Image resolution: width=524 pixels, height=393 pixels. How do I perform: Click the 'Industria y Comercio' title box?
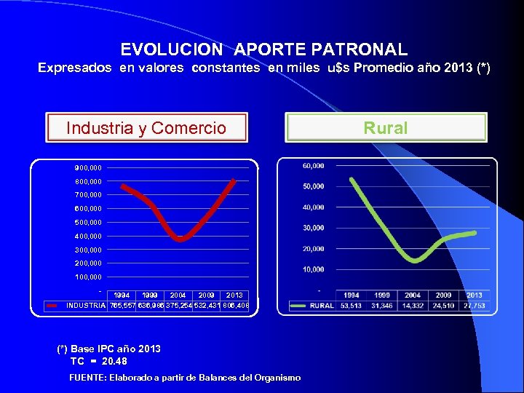[146, 128]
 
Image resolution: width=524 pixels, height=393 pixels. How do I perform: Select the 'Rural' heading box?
[386, 128]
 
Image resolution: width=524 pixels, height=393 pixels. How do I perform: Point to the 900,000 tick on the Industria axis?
[88, 167]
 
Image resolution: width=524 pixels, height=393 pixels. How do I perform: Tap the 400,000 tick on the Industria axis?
[88, 236]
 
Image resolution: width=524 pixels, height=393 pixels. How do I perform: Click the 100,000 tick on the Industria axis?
[88, 277]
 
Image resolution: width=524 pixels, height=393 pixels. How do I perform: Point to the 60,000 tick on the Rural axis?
[313, 165]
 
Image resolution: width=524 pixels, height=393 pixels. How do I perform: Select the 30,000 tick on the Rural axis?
[313, 228]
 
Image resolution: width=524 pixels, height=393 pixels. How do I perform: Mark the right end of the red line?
[234, 179]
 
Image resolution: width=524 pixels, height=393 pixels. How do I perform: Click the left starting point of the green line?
[352, 178]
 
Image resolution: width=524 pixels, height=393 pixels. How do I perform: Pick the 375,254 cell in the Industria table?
[179, 306]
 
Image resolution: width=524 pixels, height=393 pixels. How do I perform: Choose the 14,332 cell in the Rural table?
[413, 306]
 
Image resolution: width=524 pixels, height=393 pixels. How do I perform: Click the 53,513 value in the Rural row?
[352, 306]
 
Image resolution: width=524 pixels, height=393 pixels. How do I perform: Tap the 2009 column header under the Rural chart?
[444, 295]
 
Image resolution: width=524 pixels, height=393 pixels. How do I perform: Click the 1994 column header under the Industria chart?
[122, 295]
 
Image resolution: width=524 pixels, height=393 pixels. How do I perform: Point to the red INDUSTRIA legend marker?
[53, 306]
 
